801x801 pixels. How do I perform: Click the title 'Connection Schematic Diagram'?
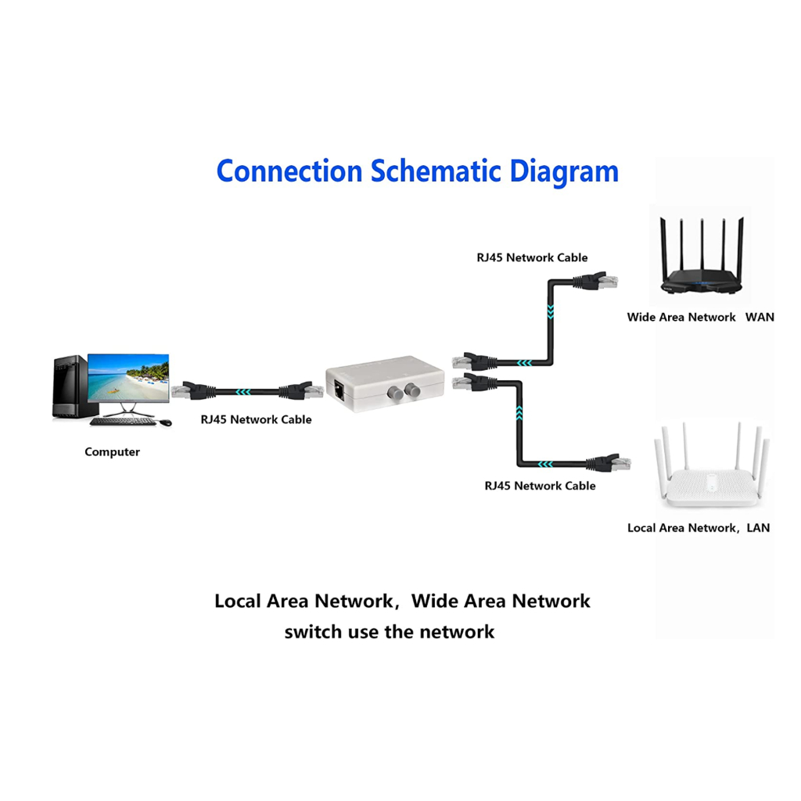(417, 171)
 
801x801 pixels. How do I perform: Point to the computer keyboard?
(122, 422)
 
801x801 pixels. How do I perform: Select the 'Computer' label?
(112, 452)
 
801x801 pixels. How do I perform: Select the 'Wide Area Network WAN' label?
(700, 317)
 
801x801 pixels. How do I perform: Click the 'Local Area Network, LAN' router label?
(698, 528)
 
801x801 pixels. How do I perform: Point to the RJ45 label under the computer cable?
(256, 419)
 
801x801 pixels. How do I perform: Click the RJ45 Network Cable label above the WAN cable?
(532, 257)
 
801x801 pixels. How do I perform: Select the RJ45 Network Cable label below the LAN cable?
(540, 486)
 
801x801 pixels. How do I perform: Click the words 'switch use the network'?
(389, 632)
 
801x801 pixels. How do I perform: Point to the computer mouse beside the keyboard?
(165, 422)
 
